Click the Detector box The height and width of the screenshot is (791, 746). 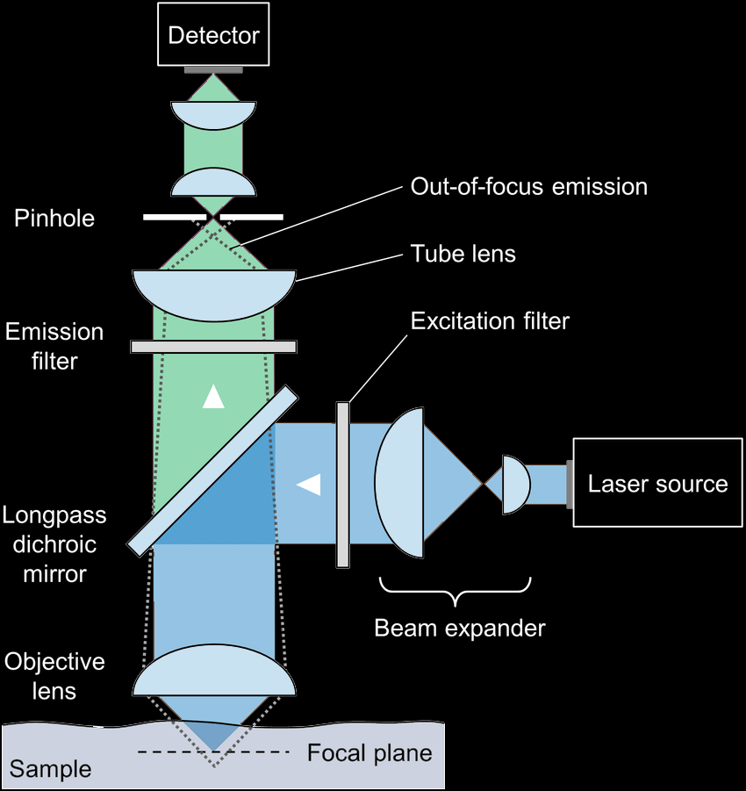213,35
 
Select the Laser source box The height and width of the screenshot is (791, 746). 657,483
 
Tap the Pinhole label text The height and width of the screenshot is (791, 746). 54,218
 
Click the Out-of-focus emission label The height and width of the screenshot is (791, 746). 528,186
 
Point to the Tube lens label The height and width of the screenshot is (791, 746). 463,255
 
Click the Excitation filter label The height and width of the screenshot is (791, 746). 490,321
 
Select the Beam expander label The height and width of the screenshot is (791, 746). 459,629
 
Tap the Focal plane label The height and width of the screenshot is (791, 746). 369,753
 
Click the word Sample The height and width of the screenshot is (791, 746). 50,770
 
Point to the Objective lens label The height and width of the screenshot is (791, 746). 54,676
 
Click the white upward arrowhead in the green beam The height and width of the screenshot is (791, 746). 213,398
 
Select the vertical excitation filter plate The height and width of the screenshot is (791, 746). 342,484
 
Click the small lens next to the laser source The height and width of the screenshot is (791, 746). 514,484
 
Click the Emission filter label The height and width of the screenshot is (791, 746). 54,346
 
